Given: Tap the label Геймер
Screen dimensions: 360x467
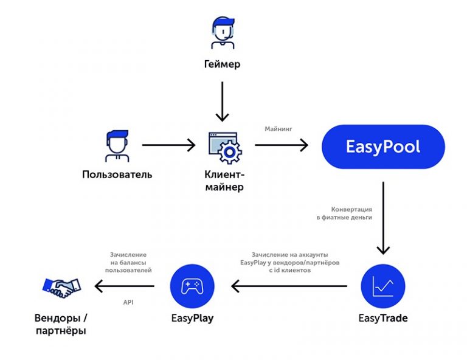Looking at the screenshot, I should click(x=222, y=63).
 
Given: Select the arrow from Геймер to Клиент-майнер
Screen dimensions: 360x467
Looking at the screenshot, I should click(x=222, y=100).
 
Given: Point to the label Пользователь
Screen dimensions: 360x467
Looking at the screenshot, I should click(x=117, y=175).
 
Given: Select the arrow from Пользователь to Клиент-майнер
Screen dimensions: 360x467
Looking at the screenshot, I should click(x=168, y=145).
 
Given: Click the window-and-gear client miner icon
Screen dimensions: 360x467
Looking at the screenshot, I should click(x=224, y=147).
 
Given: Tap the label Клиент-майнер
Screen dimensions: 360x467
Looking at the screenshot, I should click(x=224, y=181).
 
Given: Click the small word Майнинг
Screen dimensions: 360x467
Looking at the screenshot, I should click(x=278, y=129).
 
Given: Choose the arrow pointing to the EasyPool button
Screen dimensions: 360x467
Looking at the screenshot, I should click(x=282, y=145).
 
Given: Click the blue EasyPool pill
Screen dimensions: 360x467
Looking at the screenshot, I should click(x=383, y=147).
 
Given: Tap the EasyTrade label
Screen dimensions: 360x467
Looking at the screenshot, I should click(x=383, y=318).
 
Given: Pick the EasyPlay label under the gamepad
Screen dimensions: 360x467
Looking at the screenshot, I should click(x=192, y=318).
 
